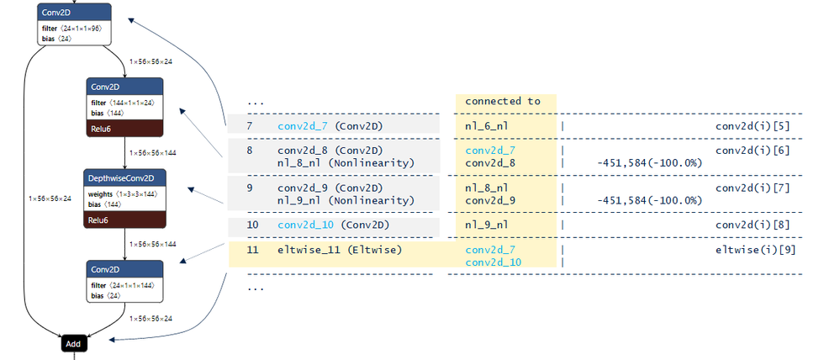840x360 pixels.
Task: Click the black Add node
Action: pos(73,343)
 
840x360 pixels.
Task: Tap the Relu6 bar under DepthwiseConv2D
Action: pos(124,220)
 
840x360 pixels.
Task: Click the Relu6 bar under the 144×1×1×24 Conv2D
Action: pos(124,129)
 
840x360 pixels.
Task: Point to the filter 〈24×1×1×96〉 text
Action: pos(71,28)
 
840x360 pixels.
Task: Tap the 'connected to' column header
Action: pos(503,101)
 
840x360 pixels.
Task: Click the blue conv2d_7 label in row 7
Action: pos(304,126)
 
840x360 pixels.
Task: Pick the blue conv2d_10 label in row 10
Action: pos(306,225)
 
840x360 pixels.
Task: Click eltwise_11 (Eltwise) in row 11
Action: pos(340,250)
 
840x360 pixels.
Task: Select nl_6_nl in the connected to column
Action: pos(487,126)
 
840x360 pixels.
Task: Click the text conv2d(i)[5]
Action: pos(753,126)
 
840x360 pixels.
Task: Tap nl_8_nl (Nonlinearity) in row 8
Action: pos(346,163)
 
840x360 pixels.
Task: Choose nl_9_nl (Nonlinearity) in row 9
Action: pos(346,200)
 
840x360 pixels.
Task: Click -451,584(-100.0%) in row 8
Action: pos(649,163)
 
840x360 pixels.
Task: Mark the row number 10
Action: pos(252,225)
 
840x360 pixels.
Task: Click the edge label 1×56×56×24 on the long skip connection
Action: pos(50,199)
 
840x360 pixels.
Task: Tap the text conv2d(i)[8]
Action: pos(753,225)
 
